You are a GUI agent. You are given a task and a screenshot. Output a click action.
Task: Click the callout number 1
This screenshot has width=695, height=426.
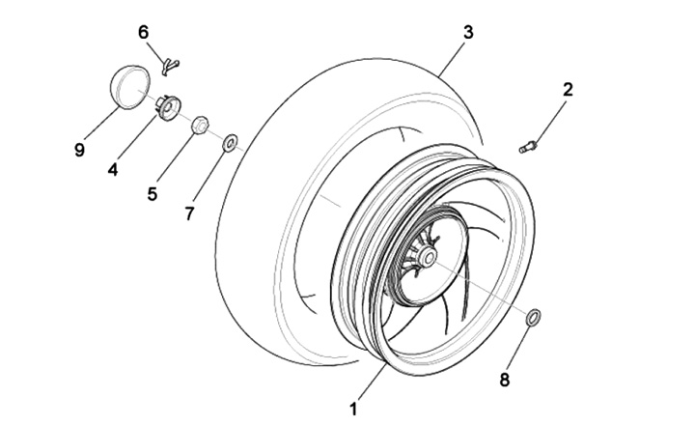(x=353, y=409)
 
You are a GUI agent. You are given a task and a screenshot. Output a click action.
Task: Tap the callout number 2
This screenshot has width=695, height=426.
(x=568, y=90)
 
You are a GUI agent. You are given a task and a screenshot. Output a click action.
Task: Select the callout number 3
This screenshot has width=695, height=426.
(x=468, y=33)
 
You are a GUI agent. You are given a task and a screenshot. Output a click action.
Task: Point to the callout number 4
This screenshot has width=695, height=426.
(x=113, y=170)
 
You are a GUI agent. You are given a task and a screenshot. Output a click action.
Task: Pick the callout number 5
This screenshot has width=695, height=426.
(x=153, y=193)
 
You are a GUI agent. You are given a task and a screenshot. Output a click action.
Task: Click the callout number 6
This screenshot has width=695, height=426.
(x=144, y=32)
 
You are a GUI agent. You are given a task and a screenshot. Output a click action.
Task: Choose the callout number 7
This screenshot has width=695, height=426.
(x=190, y=212)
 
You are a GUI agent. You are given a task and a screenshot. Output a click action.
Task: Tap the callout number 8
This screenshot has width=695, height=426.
(x=505, y=379)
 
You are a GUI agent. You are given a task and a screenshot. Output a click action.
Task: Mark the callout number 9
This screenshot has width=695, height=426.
(x=79, y=150)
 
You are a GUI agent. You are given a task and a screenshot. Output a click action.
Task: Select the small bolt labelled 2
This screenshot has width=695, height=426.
(x=528, y=147)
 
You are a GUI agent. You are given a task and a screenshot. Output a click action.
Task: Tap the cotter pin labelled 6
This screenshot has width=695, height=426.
(x=170, y=65)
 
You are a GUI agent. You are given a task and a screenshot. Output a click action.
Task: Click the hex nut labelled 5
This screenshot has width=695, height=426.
(x=201, y=125)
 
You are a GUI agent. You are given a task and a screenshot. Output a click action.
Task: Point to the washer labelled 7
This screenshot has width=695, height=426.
(x=231, y=144)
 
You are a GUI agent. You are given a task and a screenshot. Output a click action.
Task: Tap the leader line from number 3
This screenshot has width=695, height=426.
(x=452, y=57)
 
